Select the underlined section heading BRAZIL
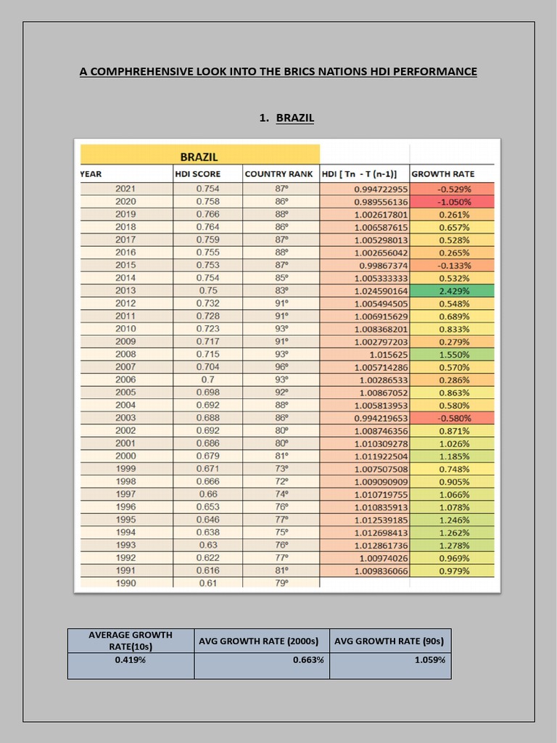click(294, 117)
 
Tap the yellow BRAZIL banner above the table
click(199, 156)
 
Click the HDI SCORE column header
click(197, 174)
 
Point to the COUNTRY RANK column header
click(279, 174)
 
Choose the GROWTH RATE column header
click(442, 174)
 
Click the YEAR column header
click(91, 174)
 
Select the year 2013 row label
click(125, 290)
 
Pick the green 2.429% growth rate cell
click(454, 290)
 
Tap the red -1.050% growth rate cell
click(454, 201)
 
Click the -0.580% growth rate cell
click(454, 418)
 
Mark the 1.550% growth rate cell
click(454, 354)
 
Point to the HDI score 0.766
click(207, 214)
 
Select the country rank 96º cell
click(281, 367)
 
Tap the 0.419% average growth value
click(131, 660)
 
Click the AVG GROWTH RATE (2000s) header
click(261, 641)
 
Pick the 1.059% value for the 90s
click(430, 660)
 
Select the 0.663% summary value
click(308, 660)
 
